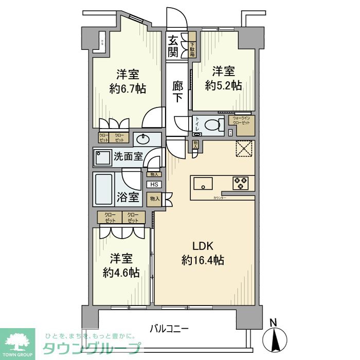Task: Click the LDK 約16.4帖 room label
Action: coord(202,253)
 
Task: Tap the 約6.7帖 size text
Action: coord(128,88)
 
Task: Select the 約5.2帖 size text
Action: coord(223,86)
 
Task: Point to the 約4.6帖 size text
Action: coord(120,273)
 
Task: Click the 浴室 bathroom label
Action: coord(127,196)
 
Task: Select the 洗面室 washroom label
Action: coord(128,156)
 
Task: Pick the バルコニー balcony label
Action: coord(169,327)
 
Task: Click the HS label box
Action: coord(154,185)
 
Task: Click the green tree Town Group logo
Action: coord(17,340)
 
